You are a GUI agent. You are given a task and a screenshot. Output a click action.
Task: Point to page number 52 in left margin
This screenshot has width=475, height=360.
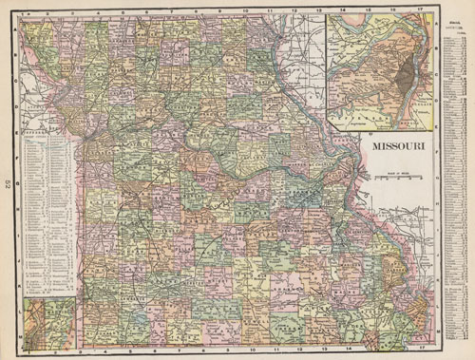8,180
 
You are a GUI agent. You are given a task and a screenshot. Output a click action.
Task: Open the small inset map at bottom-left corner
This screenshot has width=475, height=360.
50,322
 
